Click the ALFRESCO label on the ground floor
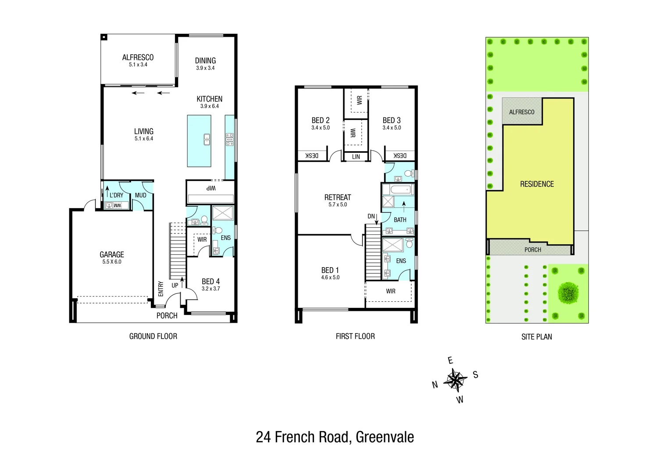pyautogui.click(x=138, y=57)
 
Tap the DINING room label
pyautogui.click(x=205, y=61)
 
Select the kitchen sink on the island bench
pyautogui.click(x=207, y=139)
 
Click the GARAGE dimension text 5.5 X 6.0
pyautogui.click(x=112, y=262)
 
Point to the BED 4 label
pyautogui.click(x=210, y=281)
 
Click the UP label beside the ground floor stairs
pyautogui.click(x=175, y=286)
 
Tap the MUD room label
pyautogui.click(x=140, y=195)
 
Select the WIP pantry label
pyautogui.click(x=211, y=188)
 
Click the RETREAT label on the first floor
pyautogui.click(x=337, y=198)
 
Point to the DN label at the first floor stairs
pyautogui.click(x=371, y=216)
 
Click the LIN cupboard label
pyautogui.click(x=356, y=157)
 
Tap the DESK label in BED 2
pyautogui.click(x=311, y=156)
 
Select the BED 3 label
pyautogui.click(x=391, y=120)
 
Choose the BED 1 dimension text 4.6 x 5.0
pyautogui.click(x=330, y=278)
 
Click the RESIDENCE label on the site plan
pyautogui.click(x=537, y=184)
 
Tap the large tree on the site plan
pyautogui.click(x=568, y=292)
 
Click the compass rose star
pyautogui.click(x=455, y=380)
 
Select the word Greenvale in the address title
pyautogui.click(x=385, y=437)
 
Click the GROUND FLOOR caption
pyautogui.click(x=153, y=336)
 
